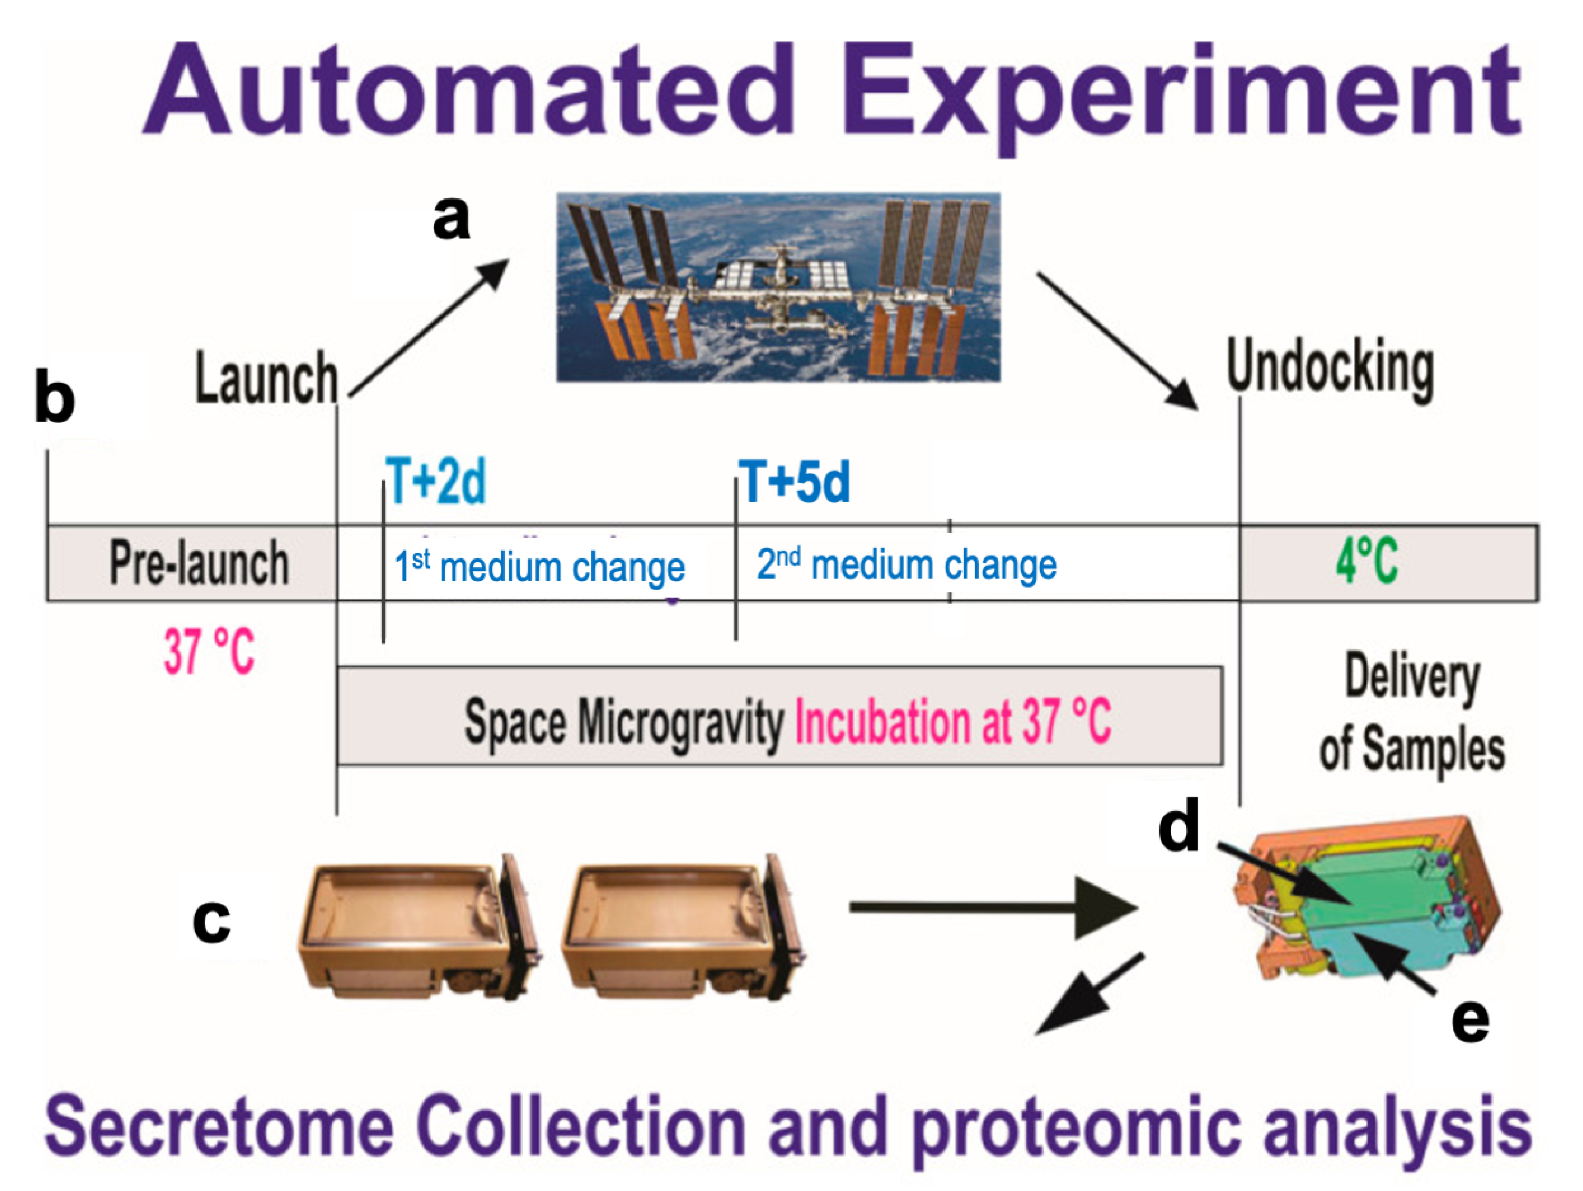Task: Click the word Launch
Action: pyautogui.click(x=266, y=379)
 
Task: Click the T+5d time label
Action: pyautogui.click(x=794, y=481)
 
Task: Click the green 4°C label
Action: pyautogui.click(x=1366, y=562)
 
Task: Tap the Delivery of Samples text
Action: pyautogui.click(x=1411, y=712)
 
